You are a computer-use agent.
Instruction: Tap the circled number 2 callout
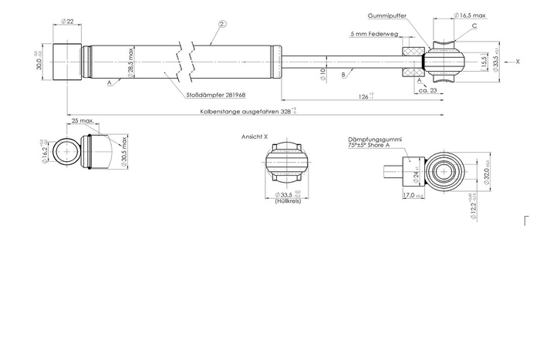[x=222, y=24]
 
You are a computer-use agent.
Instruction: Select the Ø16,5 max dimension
[x=470, y=15]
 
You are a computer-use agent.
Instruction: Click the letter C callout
[x=474, y=25]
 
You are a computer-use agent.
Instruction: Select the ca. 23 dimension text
[x=428, y=91]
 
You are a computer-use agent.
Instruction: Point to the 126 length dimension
[x=363, y=96]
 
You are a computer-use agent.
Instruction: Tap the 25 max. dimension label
[x=83, y=121]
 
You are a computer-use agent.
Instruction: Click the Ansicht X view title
[x=255, y=136]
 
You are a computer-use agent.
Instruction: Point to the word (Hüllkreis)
[x=287, y=200]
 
